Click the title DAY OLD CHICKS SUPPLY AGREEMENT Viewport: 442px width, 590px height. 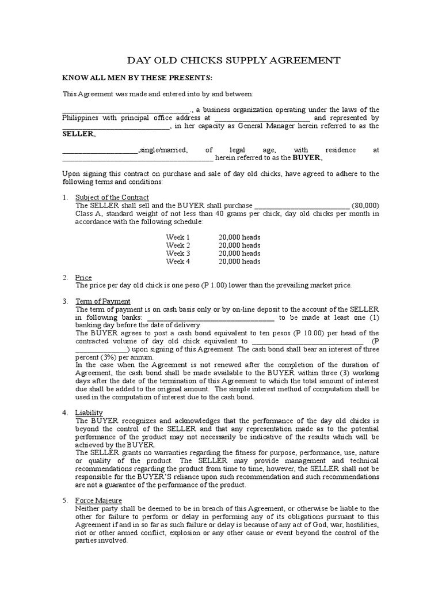click(x=233, y=60)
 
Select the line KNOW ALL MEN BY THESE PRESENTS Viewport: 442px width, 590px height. click(x=138, y=78)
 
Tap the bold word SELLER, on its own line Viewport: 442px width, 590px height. click(x=79, y=134)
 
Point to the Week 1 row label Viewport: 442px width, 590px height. click(x=177, y=237)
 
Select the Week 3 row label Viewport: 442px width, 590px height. click(x=177, y=254)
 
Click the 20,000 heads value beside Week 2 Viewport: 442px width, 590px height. click(x=239, y=245)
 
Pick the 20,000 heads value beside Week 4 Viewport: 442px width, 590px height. click(x=239, y=262)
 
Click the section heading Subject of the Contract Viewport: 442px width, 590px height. click(x=112, y=198)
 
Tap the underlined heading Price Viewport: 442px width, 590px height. click(x=84, y=278)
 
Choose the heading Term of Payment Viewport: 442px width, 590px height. click(x=103, y=301)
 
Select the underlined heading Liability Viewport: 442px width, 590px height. click(x=89, y=413)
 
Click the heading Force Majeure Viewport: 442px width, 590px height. click(x=99, y=501)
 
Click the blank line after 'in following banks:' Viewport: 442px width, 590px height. click(x=211, y=317)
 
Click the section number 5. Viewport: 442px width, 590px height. click(x=65, y=501)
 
